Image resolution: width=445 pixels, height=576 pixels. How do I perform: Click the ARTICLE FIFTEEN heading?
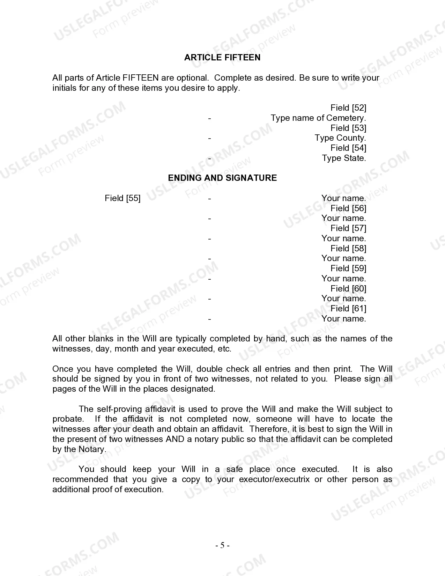pyautogui.click(x=222, y=58)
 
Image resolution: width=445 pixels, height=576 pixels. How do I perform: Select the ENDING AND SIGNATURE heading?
pyautogui.click(x=222, y=178)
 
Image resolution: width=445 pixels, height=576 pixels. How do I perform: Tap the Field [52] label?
pyautogui.click(x=348, y=108)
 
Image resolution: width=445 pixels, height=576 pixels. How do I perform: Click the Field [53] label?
pyautogui.click(x=348, y=128)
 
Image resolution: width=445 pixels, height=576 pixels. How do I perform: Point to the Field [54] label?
pyautogui.click(x=348, y=148)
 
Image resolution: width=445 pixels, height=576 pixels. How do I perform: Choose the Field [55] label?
pyautogui.click(x=123, y=198)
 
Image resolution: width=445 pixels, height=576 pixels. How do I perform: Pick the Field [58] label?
pyautogui.click(x=348, y=249)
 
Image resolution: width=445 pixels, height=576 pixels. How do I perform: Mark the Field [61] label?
pyautogui.click(x=348, y=309)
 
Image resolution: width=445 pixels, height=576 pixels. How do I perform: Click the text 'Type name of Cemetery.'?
pyautogui.click(x=318, y=118)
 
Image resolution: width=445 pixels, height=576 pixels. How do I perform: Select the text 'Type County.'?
pyautogui.click(x=340, y=138)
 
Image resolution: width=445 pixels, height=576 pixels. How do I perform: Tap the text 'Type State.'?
pyautogui.click(x=344, y=158)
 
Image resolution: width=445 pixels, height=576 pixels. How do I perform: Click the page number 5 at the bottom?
pyautogui.click(x=222, y=546)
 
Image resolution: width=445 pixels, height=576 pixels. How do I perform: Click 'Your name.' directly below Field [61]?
pyautogui.click(x=344, y=319)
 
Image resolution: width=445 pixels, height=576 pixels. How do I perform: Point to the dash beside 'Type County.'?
pyautogui.click(x=209, y=138)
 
